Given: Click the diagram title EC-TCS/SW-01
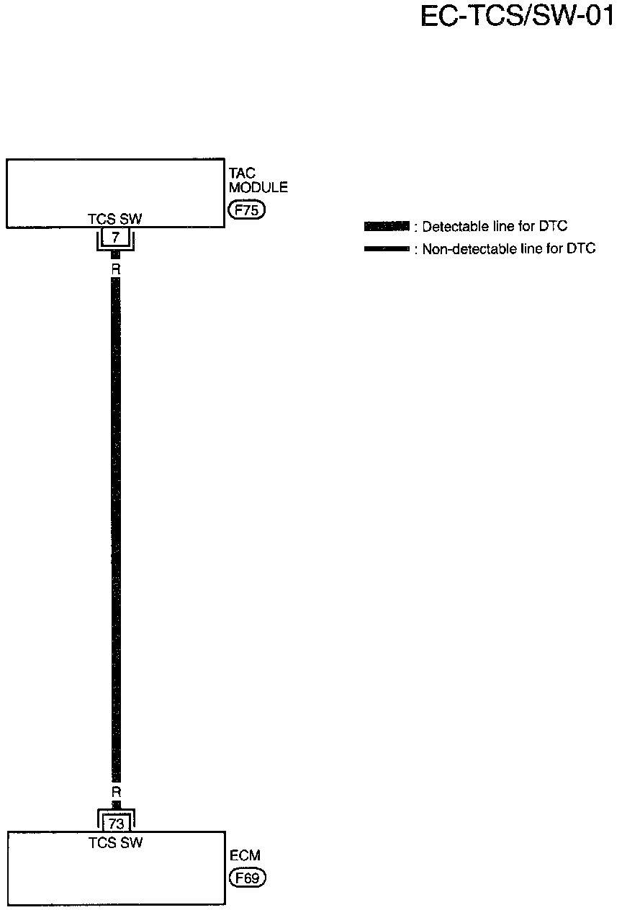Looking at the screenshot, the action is [x=516, y=16].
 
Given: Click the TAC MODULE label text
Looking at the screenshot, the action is [x=258, y=180].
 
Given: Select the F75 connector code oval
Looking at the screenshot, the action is [x=247, y=210].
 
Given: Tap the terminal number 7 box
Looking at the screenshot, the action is [x=115, y=237].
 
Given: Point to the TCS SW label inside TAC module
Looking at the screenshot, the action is [x=115, y=219].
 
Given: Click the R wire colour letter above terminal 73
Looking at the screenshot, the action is [x=115, y=791].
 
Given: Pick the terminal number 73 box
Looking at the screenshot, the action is [x=116, y=824].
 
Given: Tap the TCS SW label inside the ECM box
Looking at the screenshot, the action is [x=115, y=842].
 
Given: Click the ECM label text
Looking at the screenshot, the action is [x=245, y=856].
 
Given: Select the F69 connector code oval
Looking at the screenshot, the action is [x=247, y=878].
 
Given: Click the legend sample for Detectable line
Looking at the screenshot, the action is [x=387, y=227].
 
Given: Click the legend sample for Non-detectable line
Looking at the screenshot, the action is [x=387, y=249].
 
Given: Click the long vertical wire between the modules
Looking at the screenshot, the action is [x=115, y=526].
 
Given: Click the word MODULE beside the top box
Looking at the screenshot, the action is [x=258, y=188].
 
